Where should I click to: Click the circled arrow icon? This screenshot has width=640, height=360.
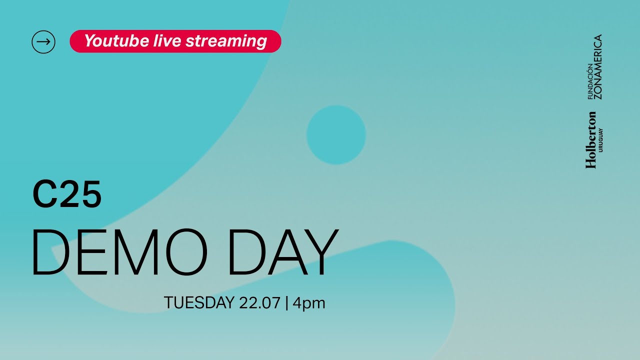(x=43, y=41)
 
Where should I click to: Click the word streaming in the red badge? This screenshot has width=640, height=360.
(x=226, y=41)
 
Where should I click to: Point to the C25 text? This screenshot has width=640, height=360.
(x=67, y=194)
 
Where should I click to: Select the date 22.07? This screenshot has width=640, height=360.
(x=259, y=303)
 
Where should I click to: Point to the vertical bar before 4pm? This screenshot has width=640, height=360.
(x=287, y=303)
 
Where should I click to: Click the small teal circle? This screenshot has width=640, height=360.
(x=336, y=135)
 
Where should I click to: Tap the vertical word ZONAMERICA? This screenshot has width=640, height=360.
(x=597, y=66)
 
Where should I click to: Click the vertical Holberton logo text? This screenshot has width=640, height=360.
(x=591, y=140)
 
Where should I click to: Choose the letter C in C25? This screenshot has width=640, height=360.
(x=43, y=194)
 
